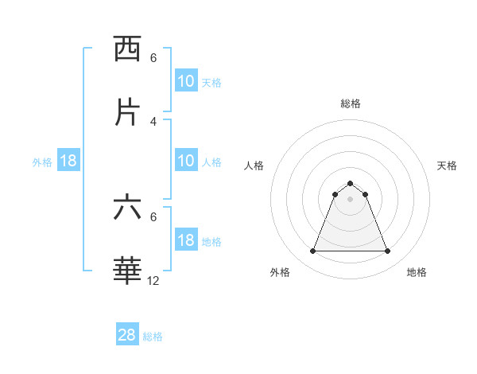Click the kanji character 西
[x=128, y=49]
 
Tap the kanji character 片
[x=128, y=112]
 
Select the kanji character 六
[x=128, y=208]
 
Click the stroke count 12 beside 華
[x=153, y=281]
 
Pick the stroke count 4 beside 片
[x=153, y=121]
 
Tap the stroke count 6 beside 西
[x=153, y=58]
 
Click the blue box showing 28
[x=127, y=335]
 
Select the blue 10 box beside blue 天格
[x=186, y=81]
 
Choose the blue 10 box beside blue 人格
[x=186, y=161]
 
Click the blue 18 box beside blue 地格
[x=186, y=240]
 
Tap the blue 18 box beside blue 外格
[x=68, y=161]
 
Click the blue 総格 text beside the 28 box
[x=153, y=337]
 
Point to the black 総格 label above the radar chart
[x=351, y=103]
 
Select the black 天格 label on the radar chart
[x=447, y=166]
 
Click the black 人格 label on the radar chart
[x=254, y=166]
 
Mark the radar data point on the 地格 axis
[x=388, y=251]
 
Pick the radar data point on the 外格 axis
[x=312, y=251]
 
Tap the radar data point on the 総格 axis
[x=351, y=183]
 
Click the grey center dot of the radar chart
[x=351, y=199]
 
